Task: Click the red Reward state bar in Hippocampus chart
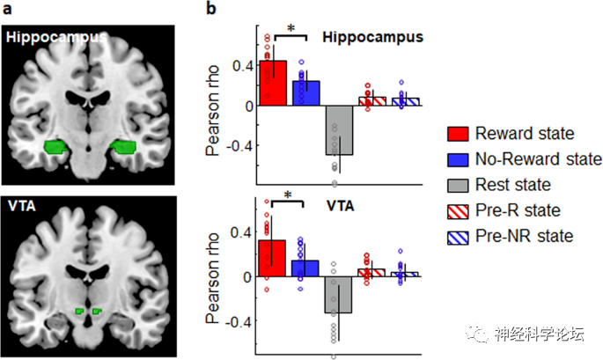[273, 84]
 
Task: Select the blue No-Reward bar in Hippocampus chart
[305, 93]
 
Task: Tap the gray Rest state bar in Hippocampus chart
[339, 129]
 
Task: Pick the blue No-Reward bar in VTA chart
[305, 268]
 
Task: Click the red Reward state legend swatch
[458, 135]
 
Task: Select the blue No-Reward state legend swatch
[458, 159]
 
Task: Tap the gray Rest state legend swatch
[458, 185]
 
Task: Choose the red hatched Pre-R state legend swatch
[458, 210]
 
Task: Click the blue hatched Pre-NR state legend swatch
[458, 235]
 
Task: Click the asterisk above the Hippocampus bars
[290, 28]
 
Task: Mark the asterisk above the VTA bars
[288, 195]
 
